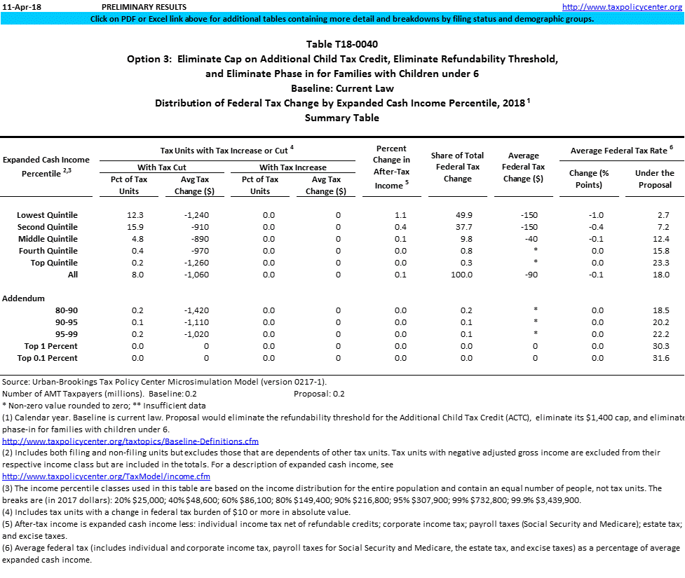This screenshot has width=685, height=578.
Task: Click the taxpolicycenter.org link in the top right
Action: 622,7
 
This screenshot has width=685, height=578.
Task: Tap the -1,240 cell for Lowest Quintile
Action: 191,215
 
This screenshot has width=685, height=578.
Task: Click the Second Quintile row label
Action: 47,227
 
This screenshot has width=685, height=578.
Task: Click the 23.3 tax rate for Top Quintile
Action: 659,263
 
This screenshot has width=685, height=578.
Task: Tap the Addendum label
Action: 23,298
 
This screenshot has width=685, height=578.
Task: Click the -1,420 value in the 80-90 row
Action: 191,310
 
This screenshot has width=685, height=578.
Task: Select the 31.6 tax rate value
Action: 659,358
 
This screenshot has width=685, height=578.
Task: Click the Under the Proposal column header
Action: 654,179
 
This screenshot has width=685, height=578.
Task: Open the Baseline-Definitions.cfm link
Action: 130,441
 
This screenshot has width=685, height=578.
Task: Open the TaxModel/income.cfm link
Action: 106,476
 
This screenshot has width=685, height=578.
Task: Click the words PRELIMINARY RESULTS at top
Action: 144,7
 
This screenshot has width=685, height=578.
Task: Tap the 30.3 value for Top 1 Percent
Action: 659,346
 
